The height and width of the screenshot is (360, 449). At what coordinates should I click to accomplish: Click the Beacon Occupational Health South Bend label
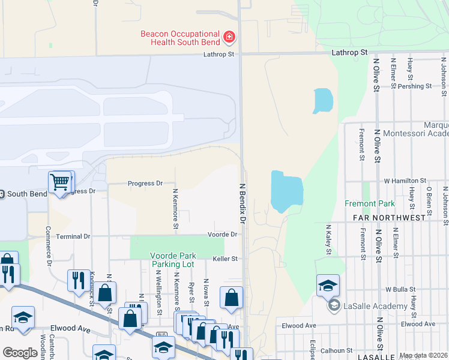181,38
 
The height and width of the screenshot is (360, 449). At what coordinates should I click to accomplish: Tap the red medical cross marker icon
229,38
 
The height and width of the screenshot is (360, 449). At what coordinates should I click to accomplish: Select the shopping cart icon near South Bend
60,181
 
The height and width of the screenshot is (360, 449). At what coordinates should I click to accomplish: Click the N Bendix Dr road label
243,204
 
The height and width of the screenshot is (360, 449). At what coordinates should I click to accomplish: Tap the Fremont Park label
370,203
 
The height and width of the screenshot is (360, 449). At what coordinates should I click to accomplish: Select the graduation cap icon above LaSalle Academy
328,285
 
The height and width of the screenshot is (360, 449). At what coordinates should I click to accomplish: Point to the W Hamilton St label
405,180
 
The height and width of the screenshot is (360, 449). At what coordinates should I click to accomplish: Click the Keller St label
226,259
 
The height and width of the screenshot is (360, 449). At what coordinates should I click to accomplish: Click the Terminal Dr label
73,236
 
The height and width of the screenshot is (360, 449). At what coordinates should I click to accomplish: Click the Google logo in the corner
20,353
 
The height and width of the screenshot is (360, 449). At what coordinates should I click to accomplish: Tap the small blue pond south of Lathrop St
322,101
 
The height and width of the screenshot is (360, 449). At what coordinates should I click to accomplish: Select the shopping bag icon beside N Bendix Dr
231,297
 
